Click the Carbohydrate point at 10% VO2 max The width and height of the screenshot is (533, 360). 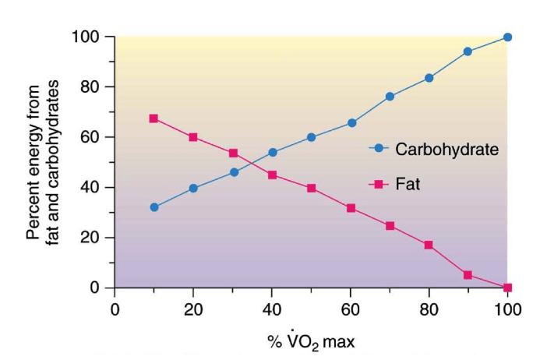click(154, 207)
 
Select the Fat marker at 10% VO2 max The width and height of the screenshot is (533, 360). click(154, 118)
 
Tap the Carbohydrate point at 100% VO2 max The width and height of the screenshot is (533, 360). click(507, 37)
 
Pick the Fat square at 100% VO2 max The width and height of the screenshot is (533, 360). click(507, 288)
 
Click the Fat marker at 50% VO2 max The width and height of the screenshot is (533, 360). click(311, 188)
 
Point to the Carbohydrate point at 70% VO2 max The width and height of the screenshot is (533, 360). click(390, 97)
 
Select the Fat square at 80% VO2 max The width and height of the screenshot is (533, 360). click(429, 245)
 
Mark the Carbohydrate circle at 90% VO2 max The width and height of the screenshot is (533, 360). click(468, 51)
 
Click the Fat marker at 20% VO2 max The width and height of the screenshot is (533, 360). click(193, 137)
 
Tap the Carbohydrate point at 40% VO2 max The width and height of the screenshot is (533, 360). click(272, 152)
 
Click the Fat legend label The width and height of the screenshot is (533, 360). click(408, 185)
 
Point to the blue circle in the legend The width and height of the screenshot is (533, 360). click(379, 147)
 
